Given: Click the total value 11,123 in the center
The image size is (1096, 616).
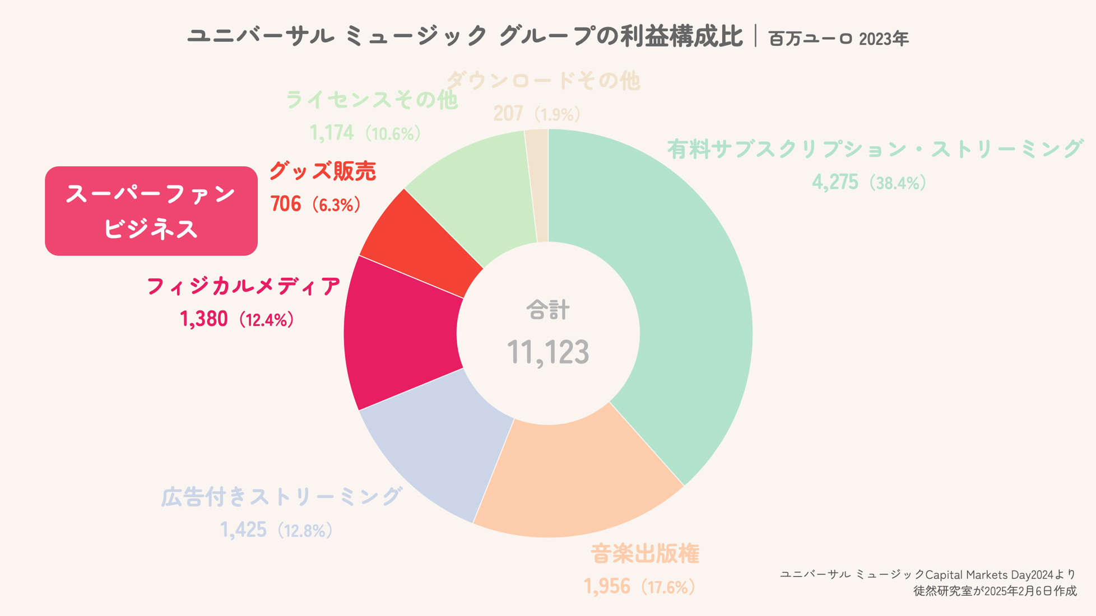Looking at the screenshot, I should [x=548, y=352].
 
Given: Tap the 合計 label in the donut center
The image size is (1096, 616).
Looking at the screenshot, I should [x=548, y=310].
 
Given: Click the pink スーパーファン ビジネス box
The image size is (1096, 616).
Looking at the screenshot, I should [x=151, y=211].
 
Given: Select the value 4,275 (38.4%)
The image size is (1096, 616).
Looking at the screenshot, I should [x=869, y=183].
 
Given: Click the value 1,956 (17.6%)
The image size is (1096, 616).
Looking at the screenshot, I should [x=639, y=586].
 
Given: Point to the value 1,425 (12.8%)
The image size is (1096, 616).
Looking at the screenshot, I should [x=277, y=530].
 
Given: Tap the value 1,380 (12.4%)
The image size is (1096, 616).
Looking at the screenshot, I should [x=237, y=319].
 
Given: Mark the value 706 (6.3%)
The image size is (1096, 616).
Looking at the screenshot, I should [x=315, y=204].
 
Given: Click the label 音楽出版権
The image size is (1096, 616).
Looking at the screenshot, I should [x=645, y=554].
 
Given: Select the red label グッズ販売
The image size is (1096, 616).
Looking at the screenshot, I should [x=322, y=171].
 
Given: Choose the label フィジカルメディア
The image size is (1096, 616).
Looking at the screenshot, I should [x=243, y=286].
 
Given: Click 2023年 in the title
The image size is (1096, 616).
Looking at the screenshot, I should [x=884, y=39].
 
